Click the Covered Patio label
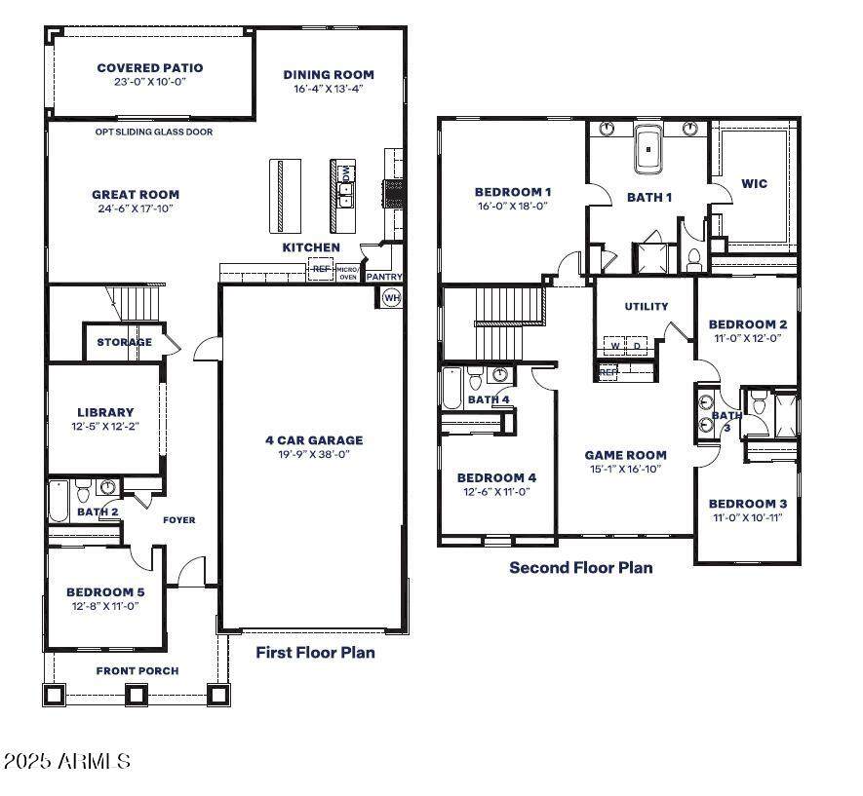pos(150,67)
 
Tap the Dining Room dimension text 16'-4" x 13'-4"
pos(329,89)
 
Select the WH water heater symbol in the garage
pos(391,298)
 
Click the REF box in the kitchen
pos(321,269)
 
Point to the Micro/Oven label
pos(348,273)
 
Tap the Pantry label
pos(384,277)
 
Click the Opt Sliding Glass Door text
pos(153,132)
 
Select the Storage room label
pos(125,342)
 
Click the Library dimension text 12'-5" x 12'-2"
pos(105,426)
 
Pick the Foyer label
pos(178,520)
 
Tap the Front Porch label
pos(137,670)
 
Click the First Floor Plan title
pos(315,653)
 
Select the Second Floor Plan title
pos(581,567)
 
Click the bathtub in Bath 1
pos(648,149)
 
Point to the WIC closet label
pos(754,183)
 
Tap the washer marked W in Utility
pos(614,346)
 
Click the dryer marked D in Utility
pos(637,346)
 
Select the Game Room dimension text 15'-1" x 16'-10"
pos(625,469)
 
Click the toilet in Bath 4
pos(475,379)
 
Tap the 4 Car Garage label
pos(314,439)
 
